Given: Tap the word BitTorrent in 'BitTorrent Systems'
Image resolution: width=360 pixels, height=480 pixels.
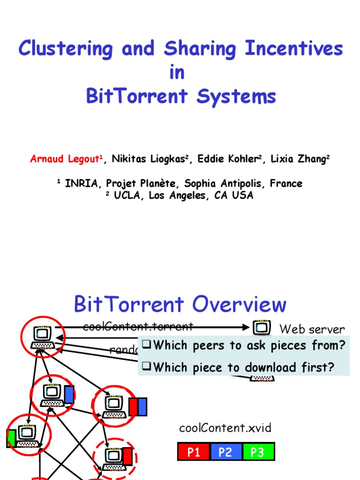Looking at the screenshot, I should point(137,97).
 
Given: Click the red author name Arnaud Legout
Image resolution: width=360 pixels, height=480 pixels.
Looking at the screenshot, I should point(67,159).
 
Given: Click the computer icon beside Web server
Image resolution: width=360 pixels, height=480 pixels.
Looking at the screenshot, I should point(261,327).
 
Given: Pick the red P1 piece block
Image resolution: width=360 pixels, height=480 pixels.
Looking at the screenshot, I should point(194,452).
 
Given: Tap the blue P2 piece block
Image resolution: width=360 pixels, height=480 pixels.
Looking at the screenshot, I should point(225,452).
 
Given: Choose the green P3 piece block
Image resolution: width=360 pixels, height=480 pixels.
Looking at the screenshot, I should point(257,452).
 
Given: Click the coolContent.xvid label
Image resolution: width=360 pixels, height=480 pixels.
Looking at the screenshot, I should point(225,427).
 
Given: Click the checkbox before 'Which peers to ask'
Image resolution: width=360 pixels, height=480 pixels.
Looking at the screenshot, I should point(146,345).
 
